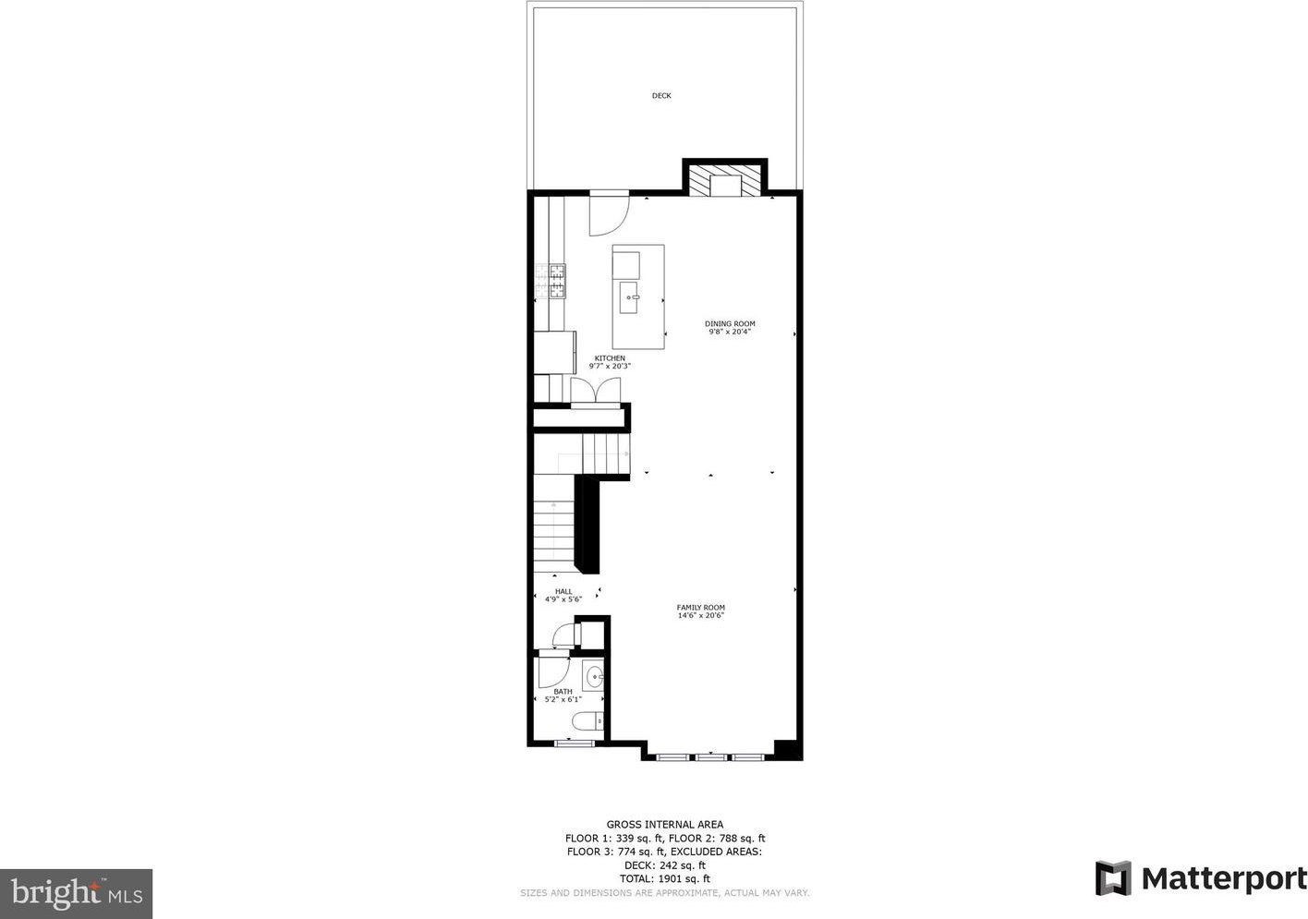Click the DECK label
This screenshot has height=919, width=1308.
click(x=661, y=96)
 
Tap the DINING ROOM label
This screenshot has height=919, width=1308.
click(x=730, y=323)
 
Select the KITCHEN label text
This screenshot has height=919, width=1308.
click(x=610, y=358)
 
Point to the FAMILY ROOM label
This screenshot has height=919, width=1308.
click(x=701, y=607)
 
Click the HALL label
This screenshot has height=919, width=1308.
click(x=563, y=591)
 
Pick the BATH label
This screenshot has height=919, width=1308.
click(x=563, y=691)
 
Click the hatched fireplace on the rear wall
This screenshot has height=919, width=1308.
click(x=724, y=180)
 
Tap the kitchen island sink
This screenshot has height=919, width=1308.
click(x=629, y=297)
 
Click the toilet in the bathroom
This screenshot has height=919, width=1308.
click(x=587, y=722)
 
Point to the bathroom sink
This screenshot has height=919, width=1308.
click(x=594, y=678)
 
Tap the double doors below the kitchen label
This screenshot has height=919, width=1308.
click(x=596, y=390)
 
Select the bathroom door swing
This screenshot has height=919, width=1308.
click(x=553, y=672)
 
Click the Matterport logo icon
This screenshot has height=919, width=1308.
click(x=1113, y=878)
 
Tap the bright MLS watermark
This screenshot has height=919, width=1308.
click(x=77, y=893)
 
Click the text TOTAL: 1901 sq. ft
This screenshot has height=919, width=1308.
click(x=665, y=878)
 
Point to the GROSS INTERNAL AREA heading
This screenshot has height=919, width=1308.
click(x=665, y=825)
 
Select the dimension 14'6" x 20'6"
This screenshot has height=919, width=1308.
click(x=701, y=615)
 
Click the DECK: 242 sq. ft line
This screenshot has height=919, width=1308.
click(x=665, y=865)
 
